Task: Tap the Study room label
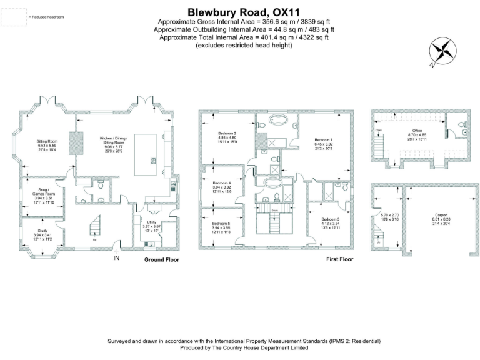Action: (42, 231)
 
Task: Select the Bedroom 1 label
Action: (323, 139)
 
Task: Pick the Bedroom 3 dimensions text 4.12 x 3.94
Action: (330, 224)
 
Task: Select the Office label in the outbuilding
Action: (417, 130)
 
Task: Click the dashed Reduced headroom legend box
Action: (13, 17)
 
